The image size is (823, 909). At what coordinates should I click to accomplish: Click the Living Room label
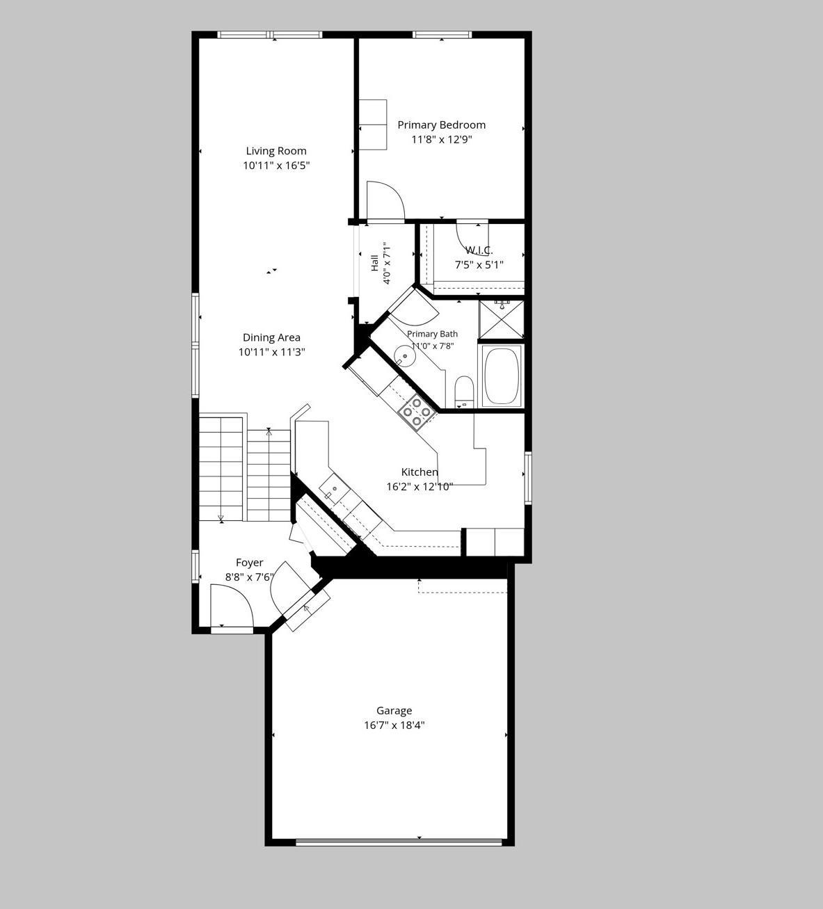point(276,151)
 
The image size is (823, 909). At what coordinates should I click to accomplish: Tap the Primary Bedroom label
point(441,125)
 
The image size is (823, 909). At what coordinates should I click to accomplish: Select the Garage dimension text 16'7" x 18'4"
point(394,725)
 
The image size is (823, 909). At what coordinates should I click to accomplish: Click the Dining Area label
point(271,337)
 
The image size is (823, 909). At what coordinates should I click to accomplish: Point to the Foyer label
point(249,563)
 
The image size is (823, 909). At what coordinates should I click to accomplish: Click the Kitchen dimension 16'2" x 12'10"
point(420,487)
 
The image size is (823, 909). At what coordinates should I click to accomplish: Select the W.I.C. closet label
point(479,250)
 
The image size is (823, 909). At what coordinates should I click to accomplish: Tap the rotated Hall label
point(374,263)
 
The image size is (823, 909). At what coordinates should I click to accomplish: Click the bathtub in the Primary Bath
point(502,376)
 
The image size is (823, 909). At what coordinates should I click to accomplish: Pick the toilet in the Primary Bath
point(464,392)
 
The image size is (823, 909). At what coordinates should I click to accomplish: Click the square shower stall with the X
point(502,319)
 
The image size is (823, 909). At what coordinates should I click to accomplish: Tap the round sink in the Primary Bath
point(404,355)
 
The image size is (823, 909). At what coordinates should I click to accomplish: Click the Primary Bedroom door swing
point(385,201)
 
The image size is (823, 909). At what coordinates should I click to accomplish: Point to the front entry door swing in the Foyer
point(231,605)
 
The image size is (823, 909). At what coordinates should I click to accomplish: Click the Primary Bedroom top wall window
point(442,35)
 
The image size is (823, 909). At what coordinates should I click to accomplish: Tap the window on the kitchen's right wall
point(528,478)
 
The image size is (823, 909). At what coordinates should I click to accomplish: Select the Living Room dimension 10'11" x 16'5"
point(276,166)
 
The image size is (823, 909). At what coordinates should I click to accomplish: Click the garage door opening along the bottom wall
point(399,842)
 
